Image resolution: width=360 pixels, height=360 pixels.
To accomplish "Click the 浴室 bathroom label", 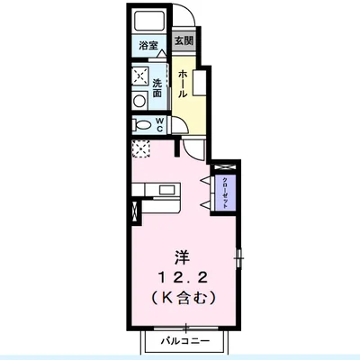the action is [x=148, y=46].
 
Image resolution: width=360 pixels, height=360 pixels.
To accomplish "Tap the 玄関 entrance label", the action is [x=184, y=40].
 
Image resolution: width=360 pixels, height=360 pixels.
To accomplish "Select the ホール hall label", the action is [x=183, y=84].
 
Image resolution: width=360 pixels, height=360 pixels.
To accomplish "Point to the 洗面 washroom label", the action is [x=157, y=88].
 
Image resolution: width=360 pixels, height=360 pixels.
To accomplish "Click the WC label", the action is [x=159, y=125].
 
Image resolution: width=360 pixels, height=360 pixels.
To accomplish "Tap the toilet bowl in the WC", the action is [x=142, y=125].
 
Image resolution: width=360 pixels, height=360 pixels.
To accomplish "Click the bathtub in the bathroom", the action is [x=148, y=20].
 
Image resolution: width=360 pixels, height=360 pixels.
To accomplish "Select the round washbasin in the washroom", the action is [x=139, y=101].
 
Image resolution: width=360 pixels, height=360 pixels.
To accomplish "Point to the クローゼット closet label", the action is [x=224, y=193].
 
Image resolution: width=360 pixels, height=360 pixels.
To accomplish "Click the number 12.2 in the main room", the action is [x=183, y=279].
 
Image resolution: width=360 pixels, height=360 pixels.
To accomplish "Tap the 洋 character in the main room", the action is [x=183, y=258].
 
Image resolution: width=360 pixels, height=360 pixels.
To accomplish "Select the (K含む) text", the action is [x=183, y=299].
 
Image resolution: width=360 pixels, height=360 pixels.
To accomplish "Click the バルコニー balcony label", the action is [x=185, y=341].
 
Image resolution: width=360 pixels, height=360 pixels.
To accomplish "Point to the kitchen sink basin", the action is [x=167, y=191].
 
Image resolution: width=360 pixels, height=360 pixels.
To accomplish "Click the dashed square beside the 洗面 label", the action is [x=140, y=76].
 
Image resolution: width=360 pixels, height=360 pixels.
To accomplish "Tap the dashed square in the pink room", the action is [x=141, y=149].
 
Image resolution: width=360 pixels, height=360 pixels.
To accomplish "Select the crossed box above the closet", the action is [x=225, y=167].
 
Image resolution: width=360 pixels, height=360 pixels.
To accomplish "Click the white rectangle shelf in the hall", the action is [x=199, y=83].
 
